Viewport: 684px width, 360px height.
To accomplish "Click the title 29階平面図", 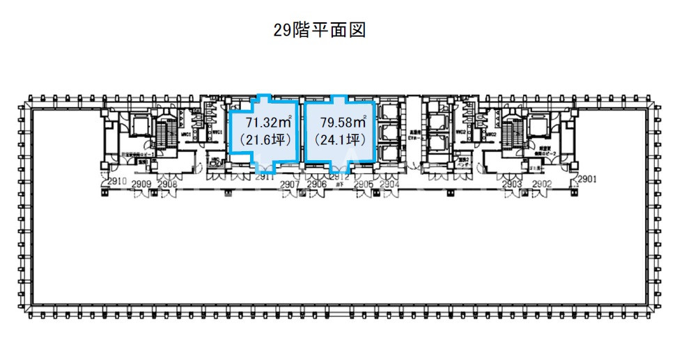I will click(x=320, y=31).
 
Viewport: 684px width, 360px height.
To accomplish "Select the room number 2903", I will click(x=512, y=184).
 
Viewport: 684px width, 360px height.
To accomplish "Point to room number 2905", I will click(x=363, y=184).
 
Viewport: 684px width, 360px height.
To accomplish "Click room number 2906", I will click(x=317, y=184).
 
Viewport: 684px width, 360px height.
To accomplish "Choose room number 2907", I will click(x=289, y=184).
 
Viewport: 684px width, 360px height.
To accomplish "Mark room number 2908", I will click(x=168, y=184).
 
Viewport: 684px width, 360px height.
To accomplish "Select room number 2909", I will click(x=142, y=184).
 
